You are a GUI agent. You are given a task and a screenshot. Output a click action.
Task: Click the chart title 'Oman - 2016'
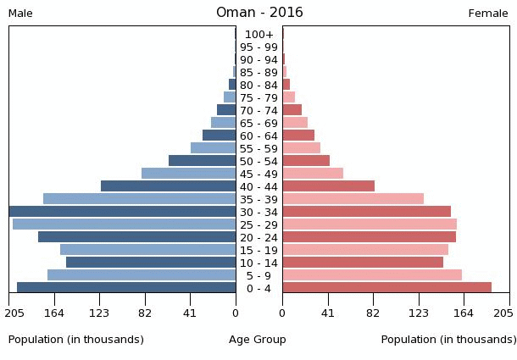(x=258, y=13)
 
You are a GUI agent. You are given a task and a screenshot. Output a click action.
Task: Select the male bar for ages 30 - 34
(x=123, y=212)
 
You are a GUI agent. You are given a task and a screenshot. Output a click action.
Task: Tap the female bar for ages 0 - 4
(x=386, y=288)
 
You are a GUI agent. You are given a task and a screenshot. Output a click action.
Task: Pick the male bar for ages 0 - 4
(x=126, y=288)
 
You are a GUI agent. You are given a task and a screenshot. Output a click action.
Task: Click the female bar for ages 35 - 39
(x=353, y=199)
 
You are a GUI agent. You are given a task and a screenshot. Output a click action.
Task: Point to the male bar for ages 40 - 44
(x=169, y=186)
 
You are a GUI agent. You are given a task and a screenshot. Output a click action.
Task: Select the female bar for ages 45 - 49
(x=313, y=174)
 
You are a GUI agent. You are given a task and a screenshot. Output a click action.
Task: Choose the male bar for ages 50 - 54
(x=203, y=161)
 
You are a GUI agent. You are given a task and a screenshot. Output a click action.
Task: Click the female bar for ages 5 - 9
(x=372, y=275)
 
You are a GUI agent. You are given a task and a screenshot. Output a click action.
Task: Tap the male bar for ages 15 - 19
(x=148, y=250)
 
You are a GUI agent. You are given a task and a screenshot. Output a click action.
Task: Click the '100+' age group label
(x=258, y=35)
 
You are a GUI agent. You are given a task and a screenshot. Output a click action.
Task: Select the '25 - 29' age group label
(x=258, y=224)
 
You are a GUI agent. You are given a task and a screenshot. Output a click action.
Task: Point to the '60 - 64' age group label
(x=258, y=136)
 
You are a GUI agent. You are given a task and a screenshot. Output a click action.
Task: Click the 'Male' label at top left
(x=20, y=14)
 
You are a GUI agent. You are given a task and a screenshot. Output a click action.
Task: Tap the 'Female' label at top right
(x=488, y=14)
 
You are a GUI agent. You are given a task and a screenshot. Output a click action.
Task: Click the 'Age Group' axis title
(x=258, y=340)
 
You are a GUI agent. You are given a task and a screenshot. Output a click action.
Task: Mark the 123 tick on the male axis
(x=100, y=313)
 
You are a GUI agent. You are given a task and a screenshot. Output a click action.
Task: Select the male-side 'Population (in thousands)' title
(x=76, y=340)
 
